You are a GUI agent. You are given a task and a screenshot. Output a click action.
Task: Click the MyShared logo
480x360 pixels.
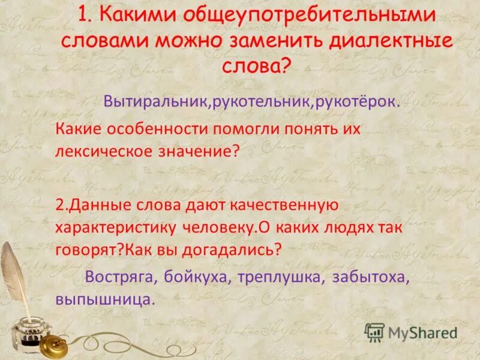pos(412,332)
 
